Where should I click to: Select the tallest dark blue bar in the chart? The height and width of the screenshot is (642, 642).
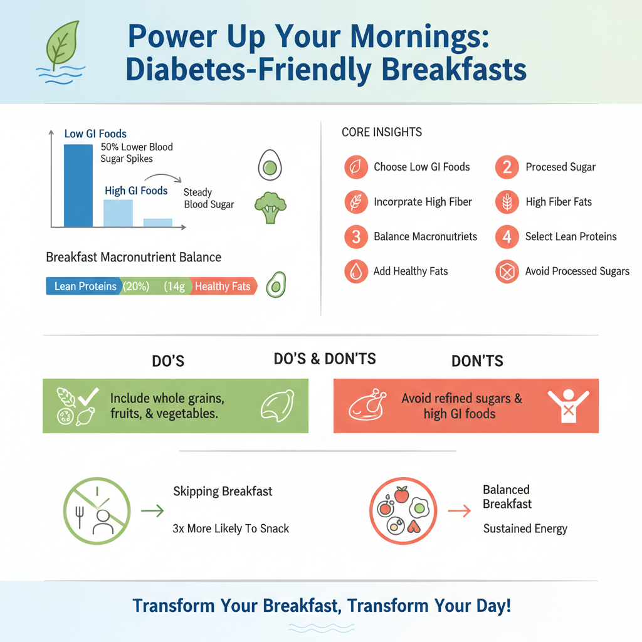(78, 185)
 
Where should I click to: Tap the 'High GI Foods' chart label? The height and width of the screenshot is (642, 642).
(136, 191)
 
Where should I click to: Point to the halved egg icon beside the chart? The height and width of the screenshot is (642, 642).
(270, 166)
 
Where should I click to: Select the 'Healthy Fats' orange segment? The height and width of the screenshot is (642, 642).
(223, 287)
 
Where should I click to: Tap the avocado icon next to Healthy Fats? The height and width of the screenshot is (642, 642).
(275, 285)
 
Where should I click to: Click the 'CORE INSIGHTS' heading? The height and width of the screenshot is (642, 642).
(382, 132)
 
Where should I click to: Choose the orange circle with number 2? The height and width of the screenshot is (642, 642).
(507, 167)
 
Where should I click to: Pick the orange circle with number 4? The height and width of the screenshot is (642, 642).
(507, 237)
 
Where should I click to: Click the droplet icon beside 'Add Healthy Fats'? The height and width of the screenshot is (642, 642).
(356, 271)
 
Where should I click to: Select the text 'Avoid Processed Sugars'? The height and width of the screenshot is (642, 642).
(577, 271)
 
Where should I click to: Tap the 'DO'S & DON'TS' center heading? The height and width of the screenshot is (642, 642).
(325, 359)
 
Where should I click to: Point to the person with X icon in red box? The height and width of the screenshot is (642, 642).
(569, 406)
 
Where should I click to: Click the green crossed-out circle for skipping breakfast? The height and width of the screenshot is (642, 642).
(97, 511)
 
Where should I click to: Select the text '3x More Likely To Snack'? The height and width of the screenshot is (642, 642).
(231, 529)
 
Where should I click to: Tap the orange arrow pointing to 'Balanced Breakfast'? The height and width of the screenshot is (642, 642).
(460, 511)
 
